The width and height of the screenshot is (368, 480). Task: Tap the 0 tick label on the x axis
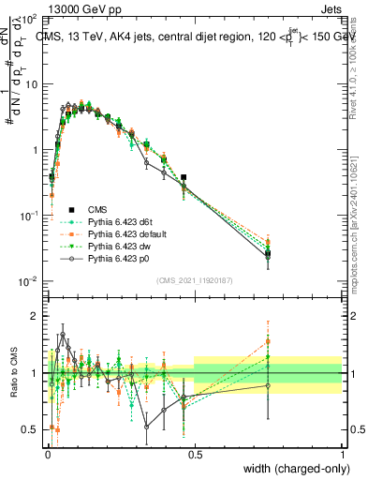pyautogui.click(x=47, y=455)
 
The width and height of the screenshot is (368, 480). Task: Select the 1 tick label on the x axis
pyautogui.click(x=342, y=455)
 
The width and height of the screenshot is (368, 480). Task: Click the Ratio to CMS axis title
pyautogui.click(x=12, y=374)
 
